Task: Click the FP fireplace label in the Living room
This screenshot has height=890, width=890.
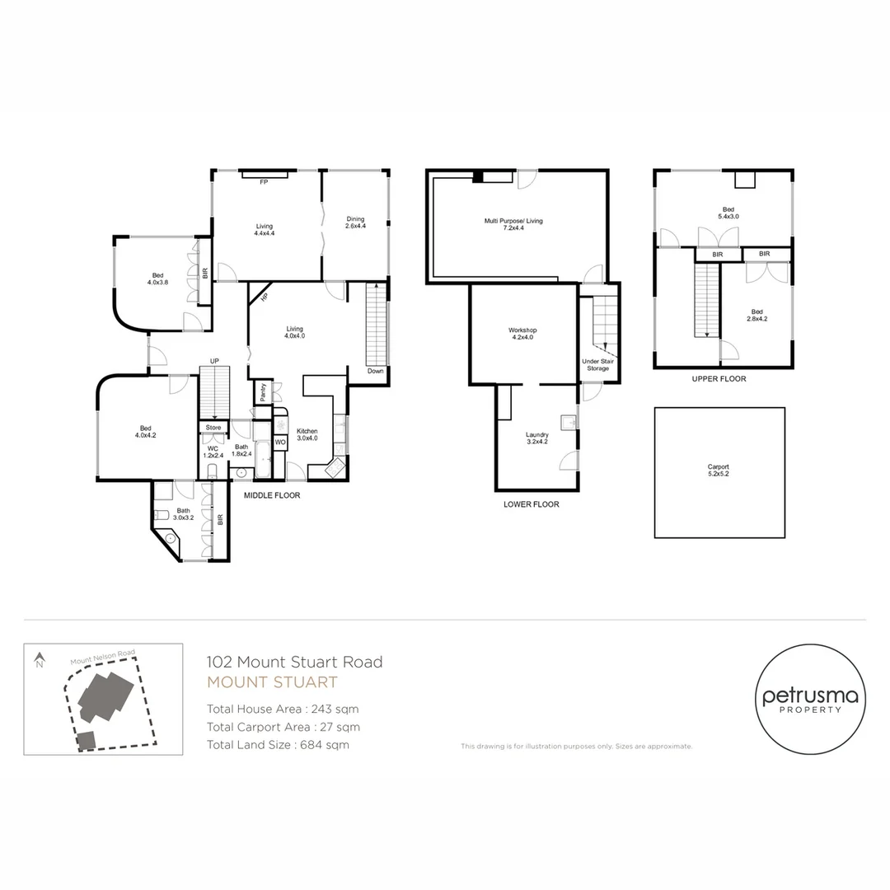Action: (265, 181)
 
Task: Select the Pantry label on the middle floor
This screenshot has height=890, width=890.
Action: (262, 392)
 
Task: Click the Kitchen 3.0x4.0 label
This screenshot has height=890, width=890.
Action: (307, 435)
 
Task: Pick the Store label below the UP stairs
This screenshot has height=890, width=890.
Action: (213, 428)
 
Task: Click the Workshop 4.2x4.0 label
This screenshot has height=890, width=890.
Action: (522, 335)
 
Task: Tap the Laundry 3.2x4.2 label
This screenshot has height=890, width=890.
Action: (536, 439)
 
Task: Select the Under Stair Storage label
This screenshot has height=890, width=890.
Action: (597, 365)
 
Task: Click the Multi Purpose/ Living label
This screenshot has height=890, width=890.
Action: (513, 226)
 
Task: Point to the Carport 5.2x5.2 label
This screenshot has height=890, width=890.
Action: (719, 471)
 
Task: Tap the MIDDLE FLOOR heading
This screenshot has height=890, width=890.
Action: (271, 496)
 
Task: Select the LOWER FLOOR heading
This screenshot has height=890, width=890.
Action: (531, 504)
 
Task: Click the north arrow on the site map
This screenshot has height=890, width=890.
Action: (38, 660)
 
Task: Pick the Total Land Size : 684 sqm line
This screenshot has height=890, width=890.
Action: (278, 745)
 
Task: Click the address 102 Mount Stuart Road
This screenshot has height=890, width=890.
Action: (294, 662)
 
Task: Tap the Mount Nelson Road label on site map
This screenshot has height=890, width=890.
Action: (102, 657)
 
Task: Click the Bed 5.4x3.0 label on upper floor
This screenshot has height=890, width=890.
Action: (728, 213)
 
